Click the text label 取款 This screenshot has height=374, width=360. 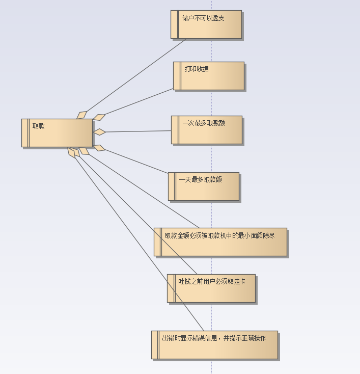(x=39, y=126)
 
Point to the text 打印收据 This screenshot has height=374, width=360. (x=197, y=69)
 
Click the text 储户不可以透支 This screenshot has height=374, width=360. (x=203, y=18)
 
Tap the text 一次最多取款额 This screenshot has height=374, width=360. (x=204, y=123)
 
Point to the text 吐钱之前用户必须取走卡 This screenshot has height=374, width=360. (x=209, y=281)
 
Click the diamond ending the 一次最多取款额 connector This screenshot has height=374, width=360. (x=99, y=132)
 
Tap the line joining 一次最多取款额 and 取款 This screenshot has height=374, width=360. (x=137, y=131)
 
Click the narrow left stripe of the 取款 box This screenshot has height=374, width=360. (x=25, y=133)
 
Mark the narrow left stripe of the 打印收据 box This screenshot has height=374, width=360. (x=177, y=76)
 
